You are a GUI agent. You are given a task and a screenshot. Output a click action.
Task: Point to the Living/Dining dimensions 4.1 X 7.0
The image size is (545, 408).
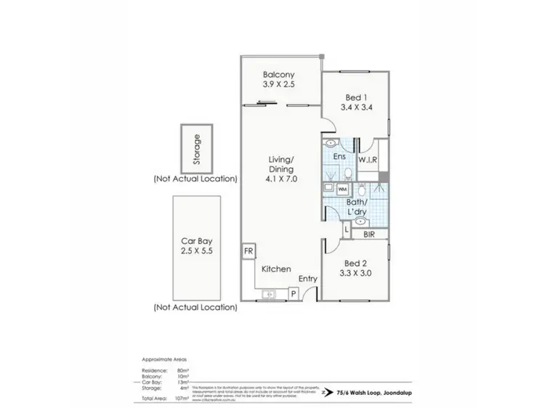tap(280, 177)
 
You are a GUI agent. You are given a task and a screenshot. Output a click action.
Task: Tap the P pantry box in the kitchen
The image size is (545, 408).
tap(293, 293)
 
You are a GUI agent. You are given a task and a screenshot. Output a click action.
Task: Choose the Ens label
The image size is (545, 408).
tap(339, 158)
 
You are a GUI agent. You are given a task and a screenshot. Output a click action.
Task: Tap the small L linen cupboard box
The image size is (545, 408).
tap(347, 229)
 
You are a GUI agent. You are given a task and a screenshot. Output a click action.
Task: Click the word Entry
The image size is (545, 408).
tap(308, 279)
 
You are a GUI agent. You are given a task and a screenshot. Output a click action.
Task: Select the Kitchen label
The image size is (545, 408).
tap(277, 269)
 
